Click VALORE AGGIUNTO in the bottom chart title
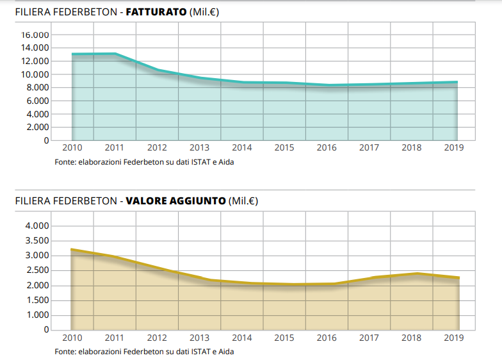(x=176, y=201)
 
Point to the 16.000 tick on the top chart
(x=36, y=35)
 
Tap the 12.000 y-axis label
(x=36, y=61)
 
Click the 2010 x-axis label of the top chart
(x=72, y=148)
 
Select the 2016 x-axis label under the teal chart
(x=327, y=148)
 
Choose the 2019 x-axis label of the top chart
(x=454, y=148)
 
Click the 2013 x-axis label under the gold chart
(x=199, y=338)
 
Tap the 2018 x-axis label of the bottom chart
(x=412, y=338)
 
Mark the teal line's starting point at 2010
(x=72, y=54)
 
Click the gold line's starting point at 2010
(x=72, y=249)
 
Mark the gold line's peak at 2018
(x=416, y=274)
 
